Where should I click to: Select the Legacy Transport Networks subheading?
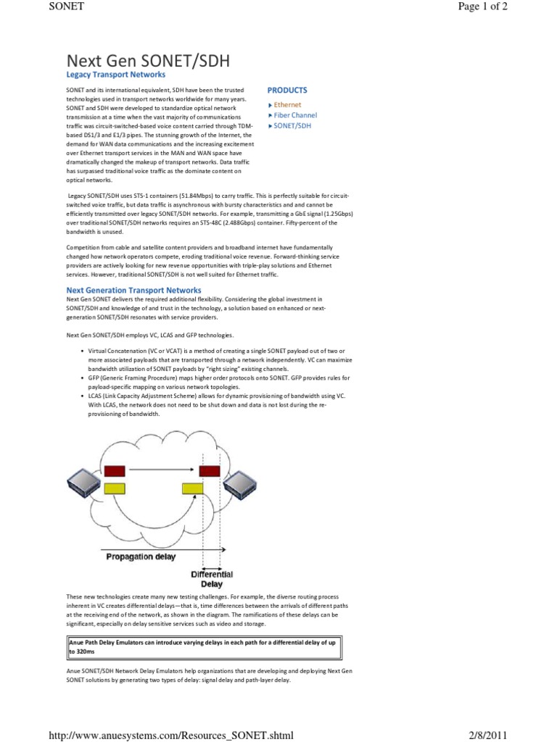[116, 75]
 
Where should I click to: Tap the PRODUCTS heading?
[287, 91]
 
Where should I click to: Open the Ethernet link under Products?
[287, 105]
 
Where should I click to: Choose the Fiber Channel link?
[294, 115]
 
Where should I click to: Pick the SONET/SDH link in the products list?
[292, 125]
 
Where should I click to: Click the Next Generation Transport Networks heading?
[133, 290]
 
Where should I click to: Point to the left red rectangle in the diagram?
[115, 471]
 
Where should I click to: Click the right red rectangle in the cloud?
[210, 470]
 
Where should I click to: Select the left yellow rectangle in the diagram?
[115, 488]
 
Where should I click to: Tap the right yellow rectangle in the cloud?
[192, 488]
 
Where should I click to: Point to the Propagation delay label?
[139, 556]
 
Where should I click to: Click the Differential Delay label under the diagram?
[211, 579]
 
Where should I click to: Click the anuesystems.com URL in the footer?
[170, 734]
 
